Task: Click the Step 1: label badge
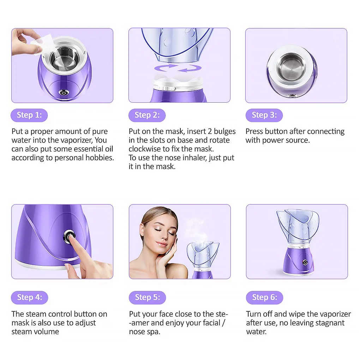(29, 115)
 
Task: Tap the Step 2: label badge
(147, 115)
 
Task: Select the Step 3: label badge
(264, 115)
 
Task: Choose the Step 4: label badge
(29, 298)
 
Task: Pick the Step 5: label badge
(147, 298)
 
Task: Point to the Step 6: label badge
(264, 298)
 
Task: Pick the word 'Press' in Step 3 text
(254, 131)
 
